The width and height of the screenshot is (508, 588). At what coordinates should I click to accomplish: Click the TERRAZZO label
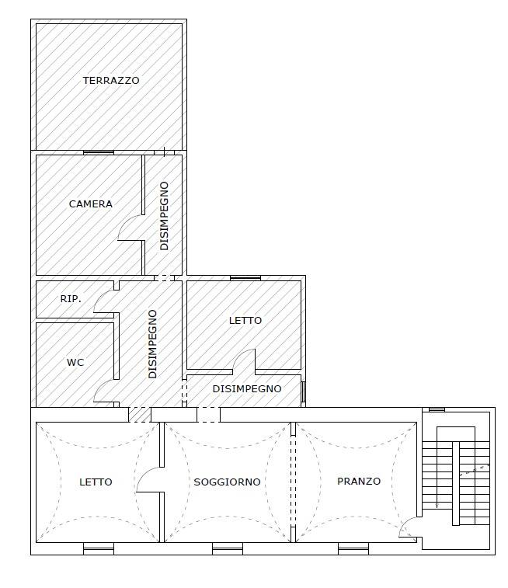coord(111,80)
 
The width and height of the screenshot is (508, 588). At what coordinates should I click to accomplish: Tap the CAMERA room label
coord(91,204)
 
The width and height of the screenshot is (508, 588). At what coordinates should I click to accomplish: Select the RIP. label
coord(71,299)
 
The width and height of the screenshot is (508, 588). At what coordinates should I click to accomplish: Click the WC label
coord(75,362)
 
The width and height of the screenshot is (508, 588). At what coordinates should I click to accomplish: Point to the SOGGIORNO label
coord(227,482)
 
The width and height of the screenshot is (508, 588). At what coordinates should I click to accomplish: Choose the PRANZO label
coord(359,481)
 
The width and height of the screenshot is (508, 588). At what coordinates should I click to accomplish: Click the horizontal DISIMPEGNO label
coord(247,389)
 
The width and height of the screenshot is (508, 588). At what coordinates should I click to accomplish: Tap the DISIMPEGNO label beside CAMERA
coord(164,216)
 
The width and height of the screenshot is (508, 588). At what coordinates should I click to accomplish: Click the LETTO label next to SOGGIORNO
coord(96,482)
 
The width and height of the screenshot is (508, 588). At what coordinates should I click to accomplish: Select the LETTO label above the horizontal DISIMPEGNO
coord(245,321)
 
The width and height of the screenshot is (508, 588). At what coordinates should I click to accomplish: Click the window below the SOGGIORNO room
coord(228,548)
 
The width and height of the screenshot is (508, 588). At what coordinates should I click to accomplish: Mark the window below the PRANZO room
coord(353,548)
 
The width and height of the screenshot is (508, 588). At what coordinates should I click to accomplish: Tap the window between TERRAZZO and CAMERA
coord(99,152)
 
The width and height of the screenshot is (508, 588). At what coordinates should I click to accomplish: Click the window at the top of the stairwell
coord(437,410)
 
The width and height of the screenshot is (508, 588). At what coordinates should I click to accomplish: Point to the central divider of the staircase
coord(456,483)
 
